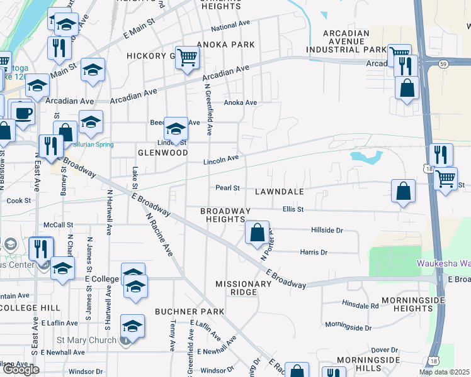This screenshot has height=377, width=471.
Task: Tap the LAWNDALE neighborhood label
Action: click(280, 191)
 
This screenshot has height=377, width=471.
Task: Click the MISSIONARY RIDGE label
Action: click(243, 284)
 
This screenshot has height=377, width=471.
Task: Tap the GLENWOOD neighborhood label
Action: click(163, 153)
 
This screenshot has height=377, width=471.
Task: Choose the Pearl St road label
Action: click(227, 187)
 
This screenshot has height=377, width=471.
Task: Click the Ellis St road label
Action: click(293, 209)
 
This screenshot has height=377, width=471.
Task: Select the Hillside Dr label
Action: click(326, 231)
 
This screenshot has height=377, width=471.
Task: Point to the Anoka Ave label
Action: click(241, 102)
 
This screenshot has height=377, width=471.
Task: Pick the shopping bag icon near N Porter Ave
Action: click(257, 233)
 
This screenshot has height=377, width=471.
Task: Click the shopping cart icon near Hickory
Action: click(188, 58)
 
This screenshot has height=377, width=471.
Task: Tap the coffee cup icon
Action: click(24, 114)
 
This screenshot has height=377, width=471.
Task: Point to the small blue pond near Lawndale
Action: click(366, 156)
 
